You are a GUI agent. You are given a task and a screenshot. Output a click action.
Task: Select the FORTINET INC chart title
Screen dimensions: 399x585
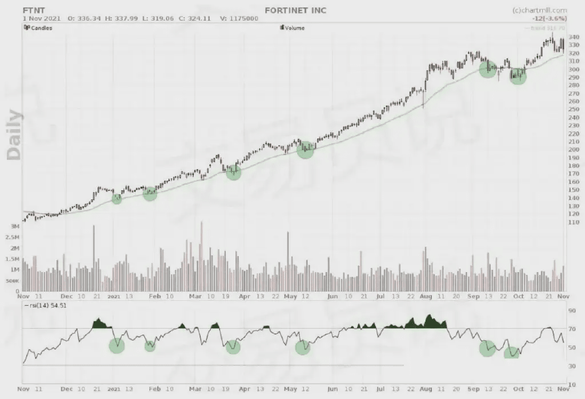[295, 10]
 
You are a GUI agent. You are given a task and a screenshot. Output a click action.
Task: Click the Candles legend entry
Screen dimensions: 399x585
[41, 27]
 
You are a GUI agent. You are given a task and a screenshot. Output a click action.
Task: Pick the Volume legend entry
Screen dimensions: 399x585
[294, 27]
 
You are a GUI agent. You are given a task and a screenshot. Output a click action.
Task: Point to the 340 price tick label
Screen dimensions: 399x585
[573, 37]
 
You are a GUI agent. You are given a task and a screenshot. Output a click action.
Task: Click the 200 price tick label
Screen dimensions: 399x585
[573, 149]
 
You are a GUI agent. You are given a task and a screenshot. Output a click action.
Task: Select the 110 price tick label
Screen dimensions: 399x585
[573, 222]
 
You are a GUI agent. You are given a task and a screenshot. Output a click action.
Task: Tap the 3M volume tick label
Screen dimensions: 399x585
[15, 226]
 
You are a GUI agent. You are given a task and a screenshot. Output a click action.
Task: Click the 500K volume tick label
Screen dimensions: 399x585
[13, 281]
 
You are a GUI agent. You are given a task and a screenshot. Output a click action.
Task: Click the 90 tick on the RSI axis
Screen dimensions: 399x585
[571, 312]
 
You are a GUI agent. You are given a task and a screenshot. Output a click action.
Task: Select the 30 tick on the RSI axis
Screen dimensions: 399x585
[571, 365]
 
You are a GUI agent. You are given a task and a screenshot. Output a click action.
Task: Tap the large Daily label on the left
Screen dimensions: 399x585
[14, 134]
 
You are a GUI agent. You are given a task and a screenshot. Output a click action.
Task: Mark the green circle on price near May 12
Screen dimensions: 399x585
[306, 150]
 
